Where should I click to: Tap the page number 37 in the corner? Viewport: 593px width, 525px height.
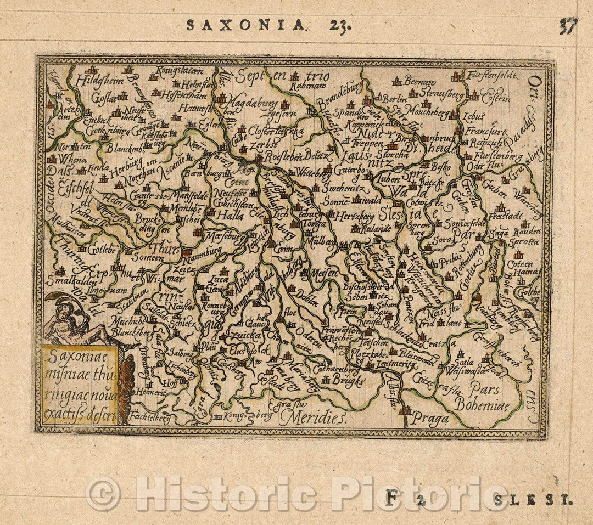(568, 26)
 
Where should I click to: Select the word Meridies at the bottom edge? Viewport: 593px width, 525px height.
(312, 419)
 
